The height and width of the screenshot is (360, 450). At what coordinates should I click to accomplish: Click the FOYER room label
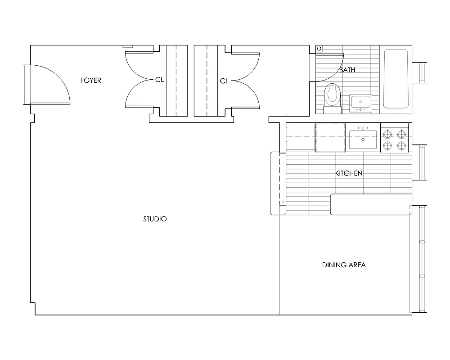90,81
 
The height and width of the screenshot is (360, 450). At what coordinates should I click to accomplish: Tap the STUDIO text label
155,219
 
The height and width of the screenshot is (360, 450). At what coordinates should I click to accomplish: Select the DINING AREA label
344,265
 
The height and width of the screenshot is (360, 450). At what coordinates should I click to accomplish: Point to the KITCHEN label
349,173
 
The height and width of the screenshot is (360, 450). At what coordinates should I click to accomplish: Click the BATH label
346,70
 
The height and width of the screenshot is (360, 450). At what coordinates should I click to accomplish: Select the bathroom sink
360,103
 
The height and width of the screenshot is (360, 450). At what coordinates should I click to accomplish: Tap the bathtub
396,79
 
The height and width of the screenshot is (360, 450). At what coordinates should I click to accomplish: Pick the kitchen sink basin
363,141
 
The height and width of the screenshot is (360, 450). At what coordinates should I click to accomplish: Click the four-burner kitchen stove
395,139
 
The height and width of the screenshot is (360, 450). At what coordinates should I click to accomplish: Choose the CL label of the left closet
159,80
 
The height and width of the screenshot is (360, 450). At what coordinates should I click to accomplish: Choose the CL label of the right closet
224,81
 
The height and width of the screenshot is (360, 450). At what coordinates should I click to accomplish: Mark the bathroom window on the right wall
422,73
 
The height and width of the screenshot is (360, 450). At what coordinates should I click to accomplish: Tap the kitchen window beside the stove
422,163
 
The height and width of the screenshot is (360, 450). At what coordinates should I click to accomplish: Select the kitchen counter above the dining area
371,204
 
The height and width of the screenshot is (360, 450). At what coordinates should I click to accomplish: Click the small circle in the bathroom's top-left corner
319,49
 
